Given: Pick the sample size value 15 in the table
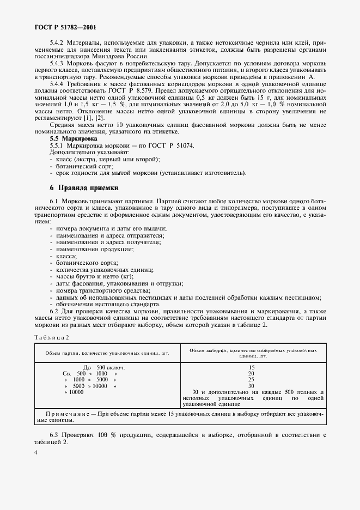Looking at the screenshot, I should click(x=251, y=367).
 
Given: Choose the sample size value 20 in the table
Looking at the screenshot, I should click(x=251, y=373).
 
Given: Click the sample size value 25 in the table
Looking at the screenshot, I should click(x=251, y=379).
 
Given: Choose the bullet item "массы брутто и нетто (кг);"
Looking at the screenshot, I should click(x=90, y=276).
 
